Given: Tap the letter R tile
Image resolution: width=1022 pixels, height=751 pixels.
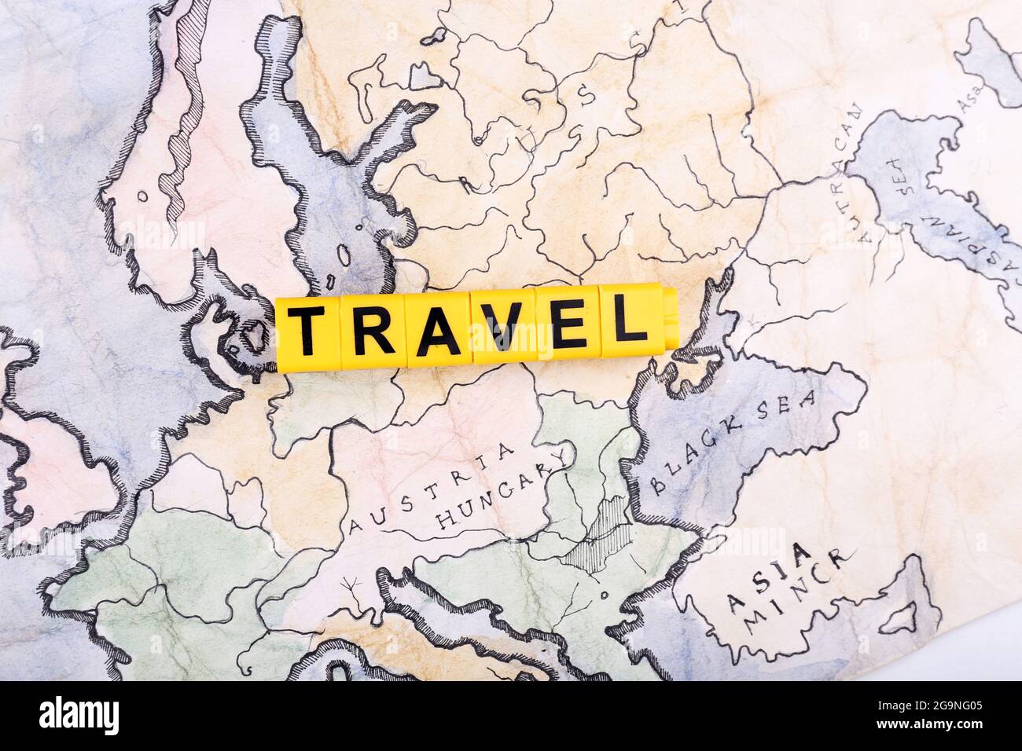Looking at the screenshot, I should coord(373,328).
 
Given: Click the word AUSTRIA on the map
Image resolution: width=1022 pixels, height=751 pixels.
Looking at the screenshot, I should coord(433,488).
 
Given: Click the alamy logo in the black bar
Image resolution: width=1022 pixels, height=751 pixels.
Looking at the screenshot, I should coord(79,716).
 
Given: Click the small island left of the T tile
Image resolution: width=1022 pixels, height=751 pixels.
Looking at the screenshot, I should coord(253,336).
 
